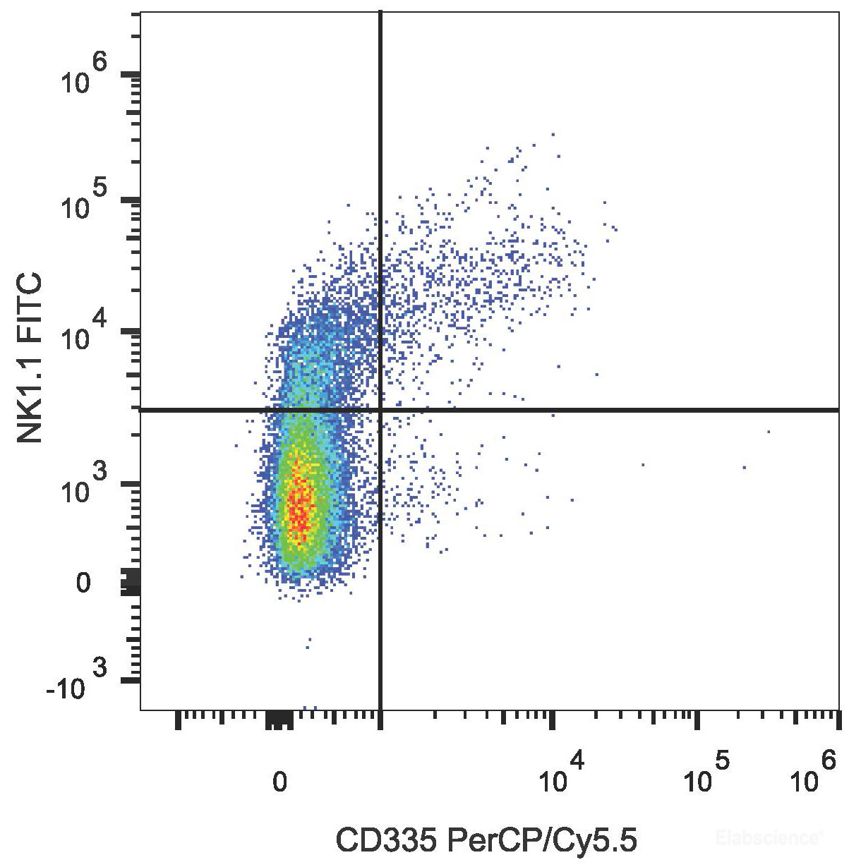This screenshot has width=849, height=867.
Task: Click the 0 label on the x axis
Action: click(280, 781)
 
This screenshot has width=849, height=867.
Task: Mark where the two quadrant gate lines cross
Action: click(381, 409)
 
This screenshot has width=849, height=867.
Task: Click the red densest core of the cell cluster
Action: click(300, 508)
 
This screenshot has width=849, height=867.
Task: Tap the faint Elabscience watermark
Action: click(769, 838)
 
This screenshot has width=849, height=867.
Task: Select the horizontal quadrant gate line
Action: click(600, 409)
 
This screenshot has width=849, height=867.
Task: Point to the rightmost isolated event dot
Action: click(768, 431)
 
